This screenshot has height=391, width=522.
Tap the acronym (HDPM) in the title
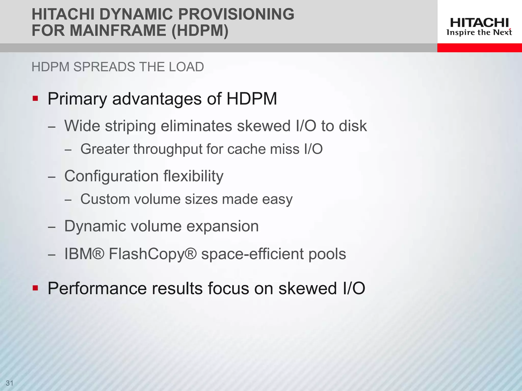200,31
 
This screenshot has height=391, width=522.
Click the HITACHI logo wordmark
479,23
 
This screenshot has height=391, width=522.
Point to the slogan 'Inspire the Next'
479,33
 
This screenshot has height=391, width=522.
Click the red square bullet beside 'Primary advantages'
35,98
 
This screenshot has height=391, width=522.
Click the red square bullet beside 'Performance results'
35,288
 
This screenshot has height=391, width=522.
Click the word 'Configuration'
111,176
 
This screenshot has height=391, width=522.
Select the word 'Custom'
105,199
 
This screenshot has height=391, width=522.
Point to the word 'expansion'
223,226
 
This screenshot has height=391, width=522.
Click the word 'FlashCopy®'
153,254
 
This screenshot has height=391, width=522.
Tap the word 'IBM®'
84,254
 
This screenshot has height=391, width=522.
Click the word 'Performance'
97,288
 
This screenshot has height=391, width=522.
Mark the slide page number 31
9,383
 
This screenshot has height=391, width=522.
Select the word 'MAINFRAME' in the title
118,31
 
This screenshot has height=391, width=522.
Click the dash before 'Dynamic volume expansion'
52,227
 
